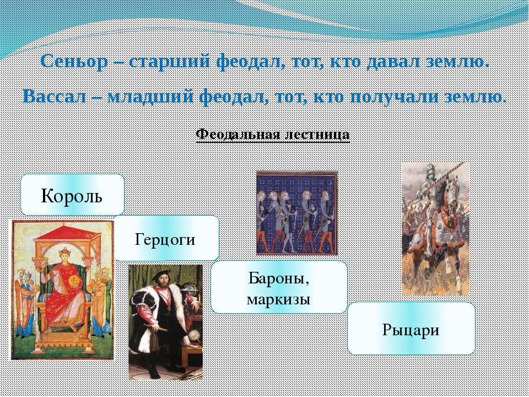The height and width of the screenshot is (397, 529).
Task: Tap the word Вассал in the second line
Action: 55,96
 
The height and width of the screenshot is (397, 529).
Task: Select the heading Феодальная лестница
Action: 273,135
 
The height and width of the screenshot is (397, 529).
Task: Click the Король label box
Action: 72,195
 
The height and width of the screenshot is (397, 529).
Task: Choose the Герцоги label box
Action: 165,238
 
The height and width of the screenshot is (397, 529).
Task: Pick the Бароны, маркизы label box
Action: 279,287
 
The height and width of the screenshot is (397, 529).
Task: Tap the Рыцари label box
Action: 411,329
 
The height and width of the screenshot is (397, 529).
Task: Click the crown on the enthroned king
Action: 64,252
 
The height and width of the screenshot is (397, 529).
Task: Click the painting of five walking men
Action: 297,213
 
